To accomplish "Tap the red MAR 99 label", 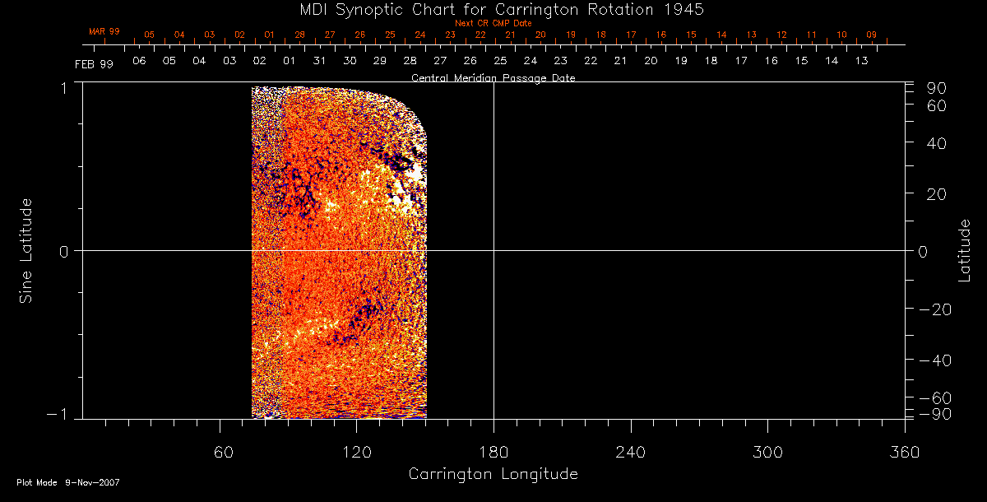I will [x=104, y=31].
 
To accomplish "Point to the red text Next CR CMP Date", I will [x=493, y=23].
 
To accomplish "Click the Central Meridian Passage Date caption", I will [x=493, y=78].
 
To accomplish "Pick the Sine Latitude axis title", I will [x=26, y=250].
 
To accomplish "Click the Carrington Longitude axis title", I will [x=493, y=474].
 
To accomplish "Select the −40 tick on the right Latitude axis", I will [x=934, y=360].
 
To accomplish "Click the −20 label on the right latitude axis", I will [x=934, y=309].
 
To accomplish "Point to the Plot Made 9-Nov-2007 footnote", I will [x=68, y=483].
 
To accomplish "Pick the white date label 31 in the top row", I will [x=319, y=61].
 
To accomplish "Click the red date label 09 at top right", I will [x=871, y=35].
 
